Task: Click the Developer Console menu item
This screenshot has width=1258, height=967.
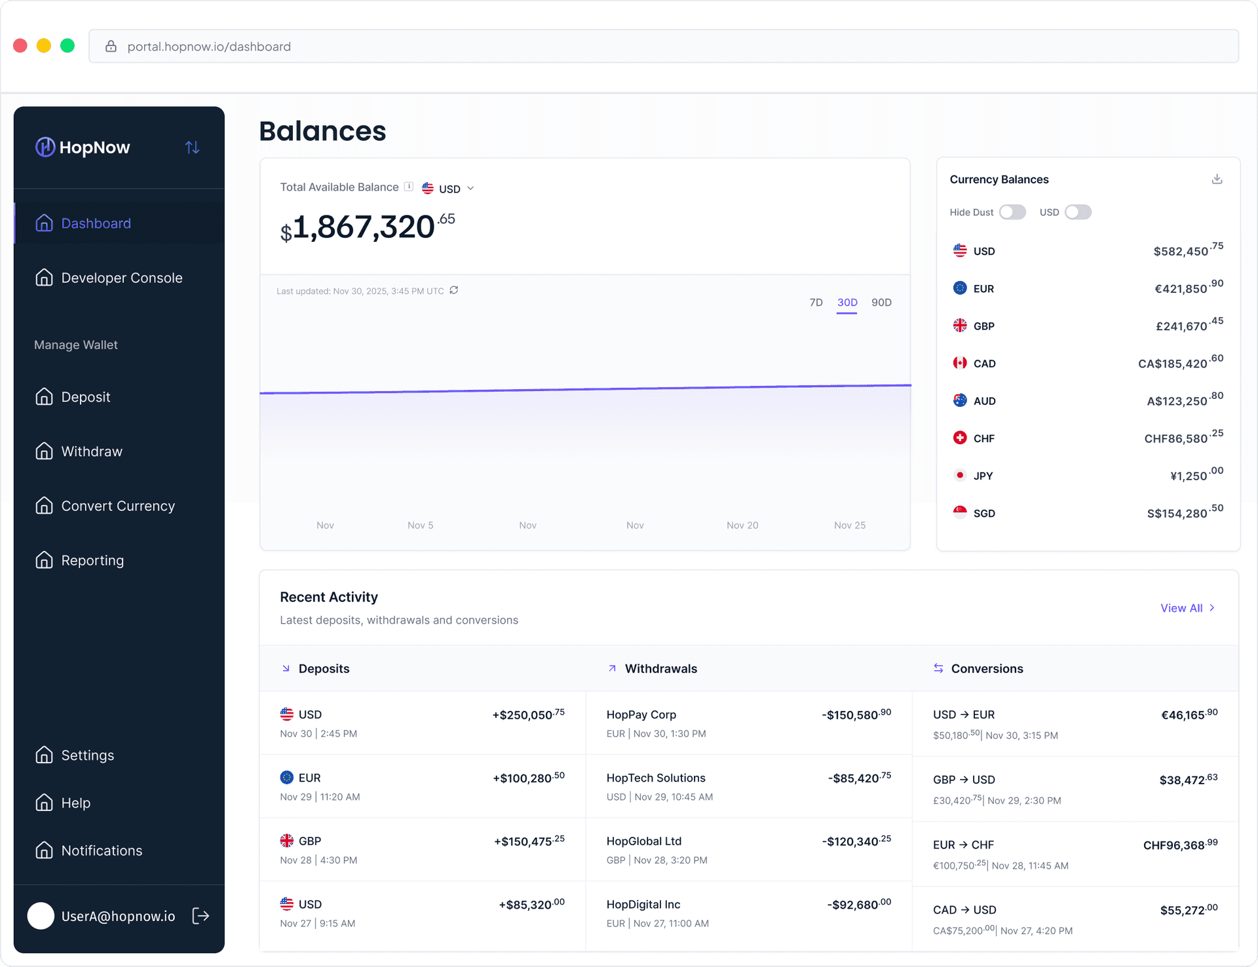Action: (x=121, y=278)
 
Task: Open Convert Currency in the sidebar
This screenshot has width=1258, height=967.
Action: (x=118, y=506)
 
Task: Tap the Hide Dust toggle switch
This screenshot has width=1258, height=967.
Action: (x=1012, y=212)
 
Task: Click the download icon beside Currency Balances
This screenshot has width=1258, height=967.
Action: (x=1217, y=179)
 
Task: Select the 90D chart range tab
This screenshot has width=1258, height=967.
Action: (x=881, y=303)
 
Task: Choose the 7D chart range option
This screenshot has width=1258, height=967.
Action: (x=816, y=303)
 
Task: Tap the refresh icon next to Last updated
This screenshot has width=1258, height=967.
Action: (x=454, y=290)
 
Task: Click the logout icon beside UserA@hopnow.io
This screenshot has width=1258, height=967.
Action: (x=200, y=916)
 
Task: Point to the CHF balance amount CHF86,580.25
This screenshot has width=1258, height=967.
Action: (x=1183, y=438)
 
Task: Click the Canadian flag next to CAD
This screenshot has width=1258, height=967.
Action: (x=960, y=363)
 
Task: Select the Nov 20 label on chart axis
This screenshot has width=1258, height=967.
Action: (x=742, y=525)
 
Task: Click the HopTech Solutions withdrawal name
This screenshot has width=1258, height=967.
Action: (x=656, y=778)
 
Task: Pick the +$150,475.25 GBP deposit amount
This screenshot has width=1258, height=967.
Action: (x=529, y=841)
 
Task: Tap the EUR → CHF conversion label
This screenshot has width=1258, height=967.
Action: (x=963, y=845)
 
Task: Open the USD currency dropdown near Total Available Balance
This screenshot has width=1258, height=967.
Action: (x=449, y=189)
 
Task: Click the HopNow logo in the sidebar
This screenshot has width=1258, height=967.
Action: (x=83, y=147)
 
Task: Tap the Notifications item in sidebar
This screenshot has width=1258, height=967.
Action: (x=102, y=850)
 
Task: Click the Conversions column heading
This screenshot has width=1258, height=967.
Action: (x=987, y=669)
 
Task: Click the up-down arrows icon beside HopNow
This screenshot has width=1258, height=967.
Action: (x=192, y=147)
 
